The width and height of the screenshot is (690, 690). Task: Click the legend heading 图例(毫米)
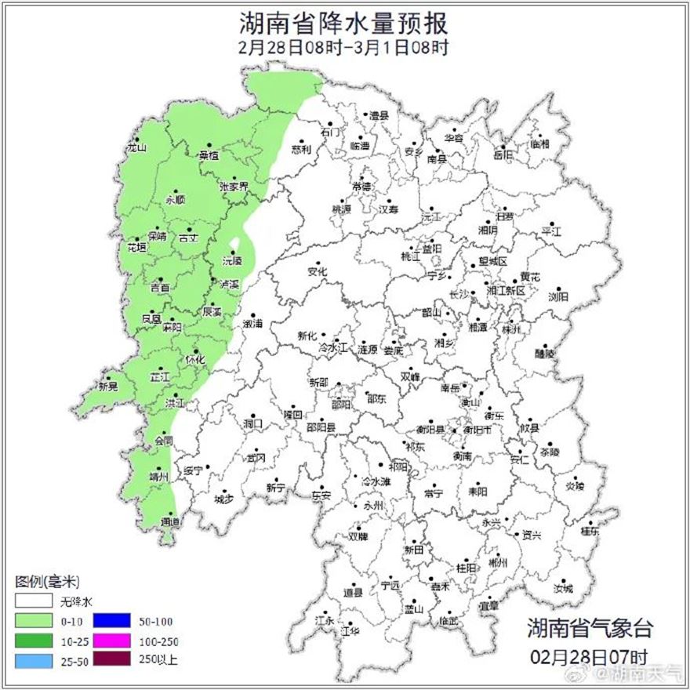[47, 582]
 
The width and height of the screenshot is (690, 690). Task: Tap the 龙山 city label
[137, 147]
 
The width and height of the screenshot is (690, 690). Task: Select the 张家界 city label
[234, 187]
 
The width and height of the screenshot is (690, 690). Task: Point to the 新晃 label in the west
[107, 386]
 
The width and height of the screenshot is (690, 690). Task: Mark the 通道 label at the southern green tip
[169, 521]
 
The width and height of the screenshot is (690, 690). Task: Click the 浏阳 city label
[559, 296]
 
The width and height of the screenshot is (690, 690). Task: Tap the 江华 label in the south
[350, 630]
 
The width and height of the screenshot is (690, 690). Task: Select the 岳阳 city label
[503, 155]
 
